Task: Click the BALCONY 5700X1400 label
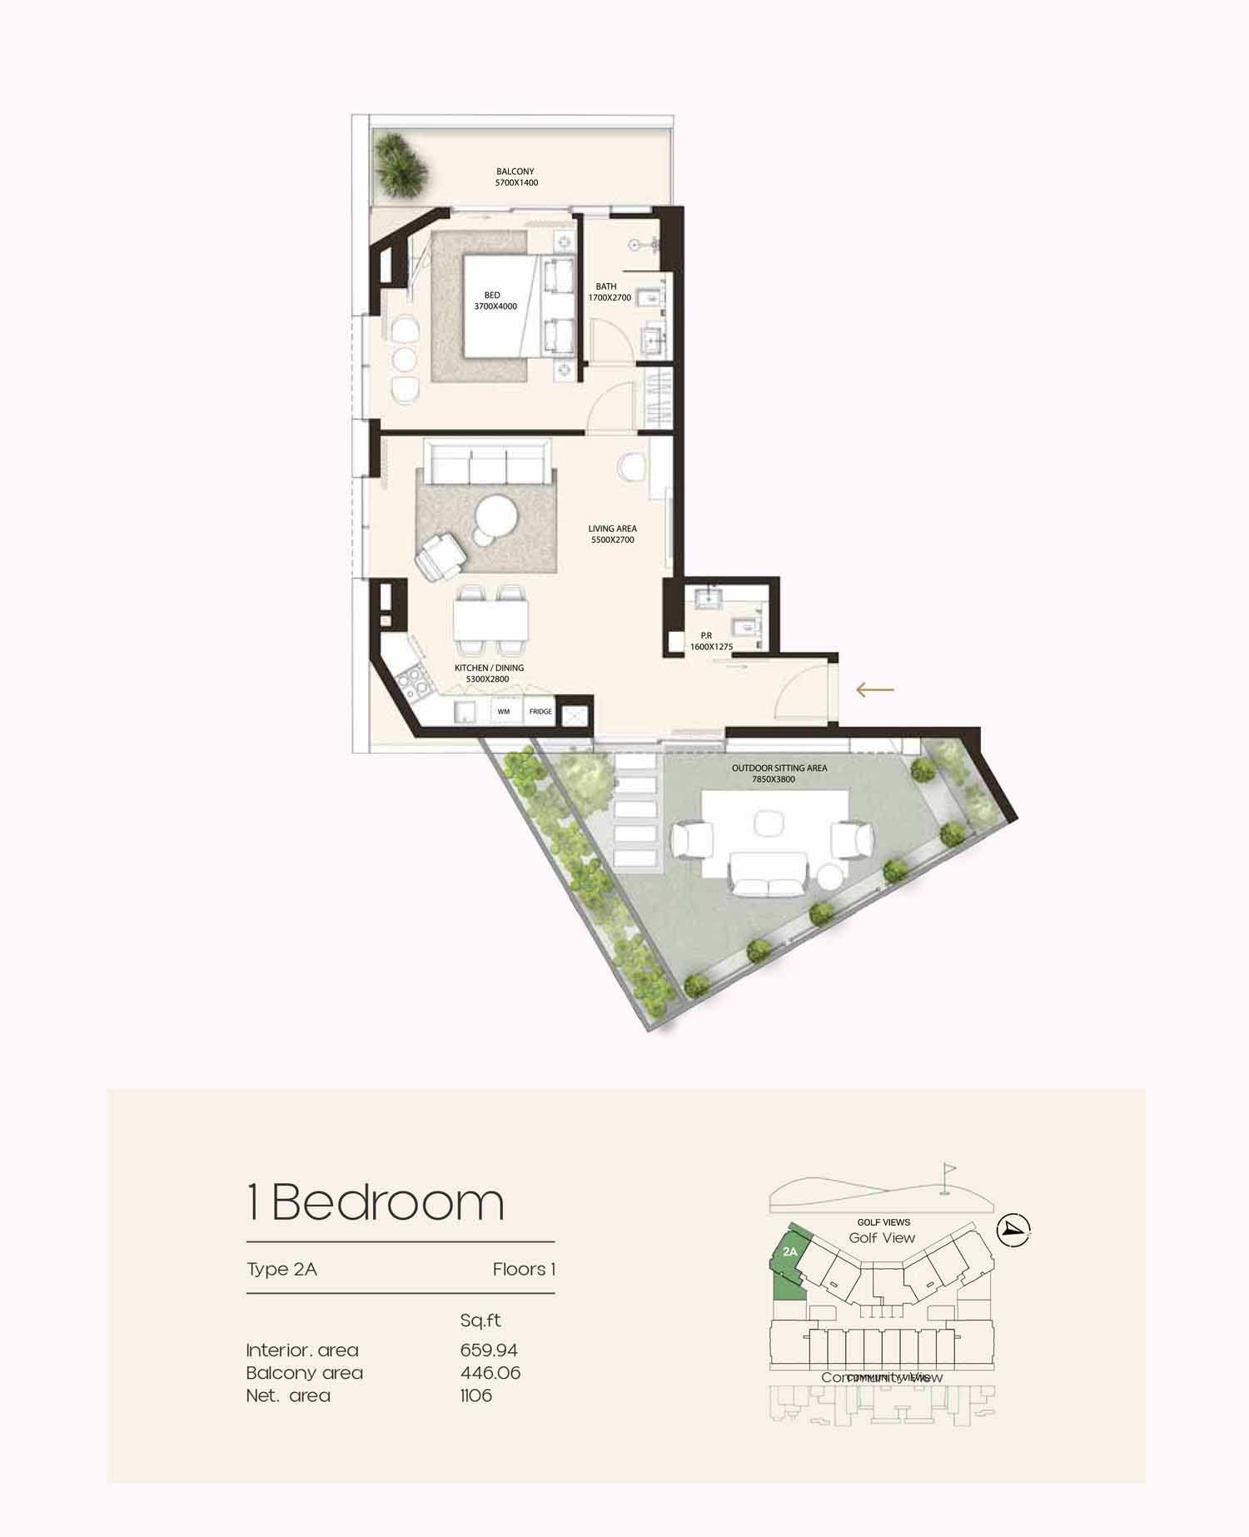[515, 177]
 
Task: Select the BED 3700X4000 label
[495, 301]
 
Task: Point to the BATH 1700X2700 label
[610, 292]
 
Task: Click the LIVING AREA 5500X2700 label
[612, 534]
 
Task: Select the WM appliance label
[503, 712]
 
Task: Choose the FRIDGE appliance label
[540, 712]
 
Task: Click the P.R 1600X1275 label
[710, 641]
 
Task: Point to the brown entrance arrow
[874, 689]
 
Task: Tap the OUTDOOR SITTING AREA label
[779, 773]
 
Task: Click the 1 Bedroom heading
[376, 1202]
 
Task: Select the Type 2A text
[281, 1269]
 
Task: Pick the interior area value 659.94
[489, 1350]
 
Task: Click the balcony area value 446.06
[490, 1372]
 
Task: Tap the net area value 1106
[475, 1395]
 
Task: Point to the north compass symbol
[1013, 1229]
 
